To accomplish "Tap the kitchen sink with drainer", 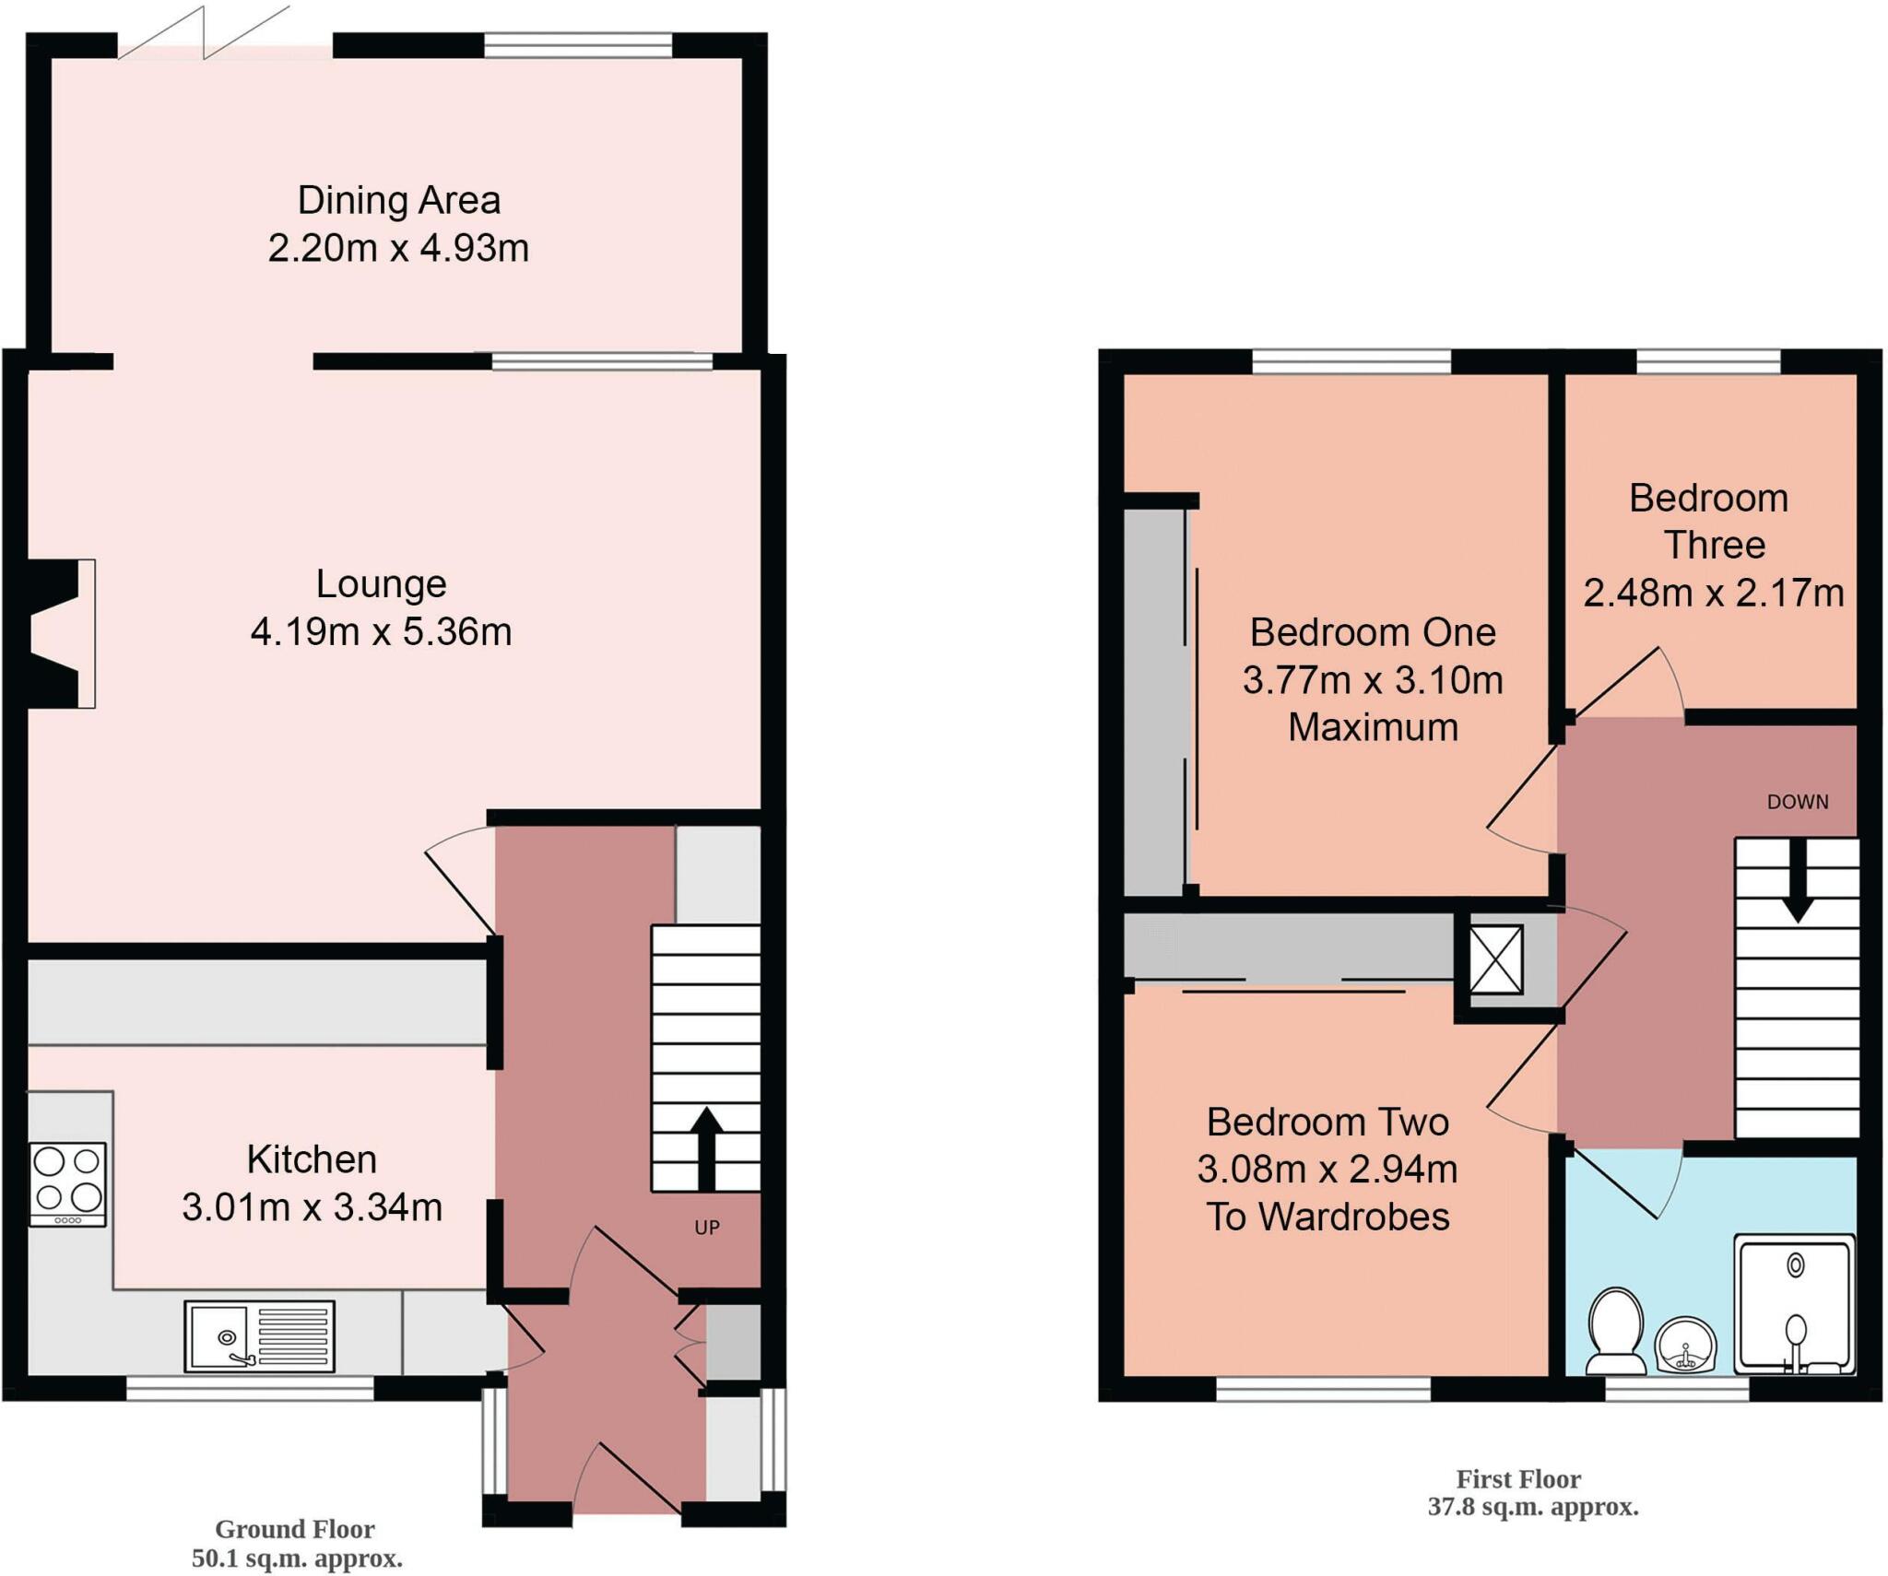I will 259,1335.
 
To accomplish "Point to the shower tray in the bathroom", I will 1794,1305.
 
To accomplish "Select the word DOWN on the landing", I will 1797,802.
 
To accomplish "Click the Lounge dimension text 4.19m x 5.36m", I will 381,632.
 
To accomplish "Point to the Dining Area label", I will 398,200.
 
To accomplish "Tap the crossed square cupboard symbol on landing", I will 1495,959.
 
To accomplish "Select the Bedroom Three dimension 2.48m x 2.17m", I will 1713,593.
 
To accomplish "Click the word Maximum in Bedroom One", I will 1372,727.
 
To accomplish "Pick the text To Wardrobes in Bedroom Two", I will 1327,1217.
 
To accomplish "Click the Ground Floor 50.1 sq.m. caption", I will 296,1544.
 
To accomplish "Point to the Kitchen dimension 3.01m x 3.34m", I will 312,1206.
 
